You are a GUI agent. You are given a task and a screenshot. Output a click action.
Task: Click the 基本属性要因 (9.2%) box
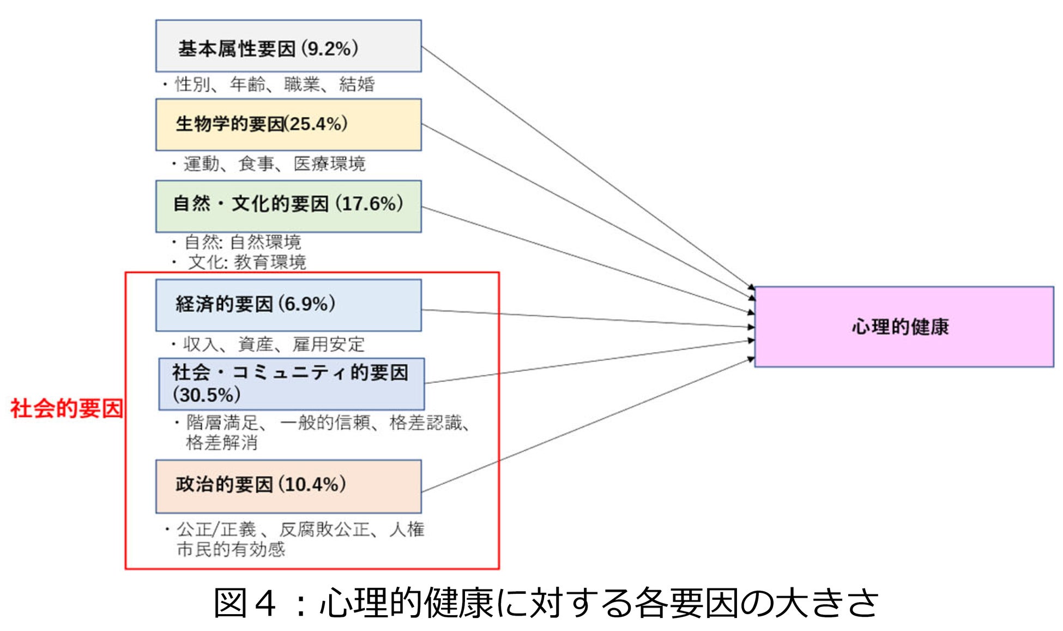pos(288,46)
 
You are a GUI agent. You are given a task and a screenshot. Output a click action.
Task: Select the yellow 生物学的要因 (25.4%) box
pos(288,124)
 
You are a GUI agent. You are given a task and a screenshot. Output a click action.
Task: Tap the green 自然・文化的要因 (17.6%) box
pos(288,206)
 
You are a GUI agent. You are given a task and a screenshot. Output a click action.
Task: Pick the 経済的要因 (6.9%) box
pos(288,305)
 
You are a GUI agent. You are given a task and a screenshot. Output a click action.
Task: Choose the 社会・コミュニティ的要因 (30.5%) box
pos(291,383)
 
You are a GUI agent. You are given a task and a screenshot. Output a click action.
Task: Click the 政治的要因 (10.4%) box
pos(288,486)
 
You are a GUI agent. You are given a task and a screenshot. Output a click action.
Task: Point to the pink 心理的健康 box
pos(903,327)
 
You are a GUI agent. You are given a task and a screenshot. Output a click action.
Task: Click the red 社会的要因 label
pos(67,408)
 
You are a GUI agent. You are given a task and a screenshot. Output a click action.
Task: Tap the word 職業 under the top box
pos(301,85)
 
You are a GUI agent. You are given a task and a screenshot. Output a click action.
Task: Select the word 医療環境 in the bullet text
pos(329,164)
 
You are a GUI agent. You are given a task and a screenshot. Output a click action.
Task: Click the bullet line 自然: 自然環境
pos(243,242)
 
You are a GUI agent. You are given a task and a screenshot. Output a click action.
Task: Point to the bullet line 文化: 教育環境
pos(246,262)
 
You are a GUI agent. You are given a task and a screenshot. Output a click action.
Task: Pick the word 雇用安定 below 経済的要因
pos(328,344)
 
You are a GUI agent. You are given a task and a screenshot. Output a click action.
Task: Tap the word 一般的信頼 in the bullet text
pos(325,422)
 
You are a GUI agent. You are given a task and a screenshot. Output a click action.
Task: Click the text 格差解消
pos(221,442)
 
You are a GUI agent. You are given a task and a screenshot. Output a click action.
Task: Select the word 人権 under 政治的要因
pos(407,529)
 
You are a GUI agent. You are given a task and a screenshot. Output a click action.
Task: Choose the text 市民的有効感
pos(231,549)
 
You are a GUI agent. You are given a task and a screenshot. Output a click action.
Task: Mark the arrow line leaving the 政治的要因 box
pos(589,425)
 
